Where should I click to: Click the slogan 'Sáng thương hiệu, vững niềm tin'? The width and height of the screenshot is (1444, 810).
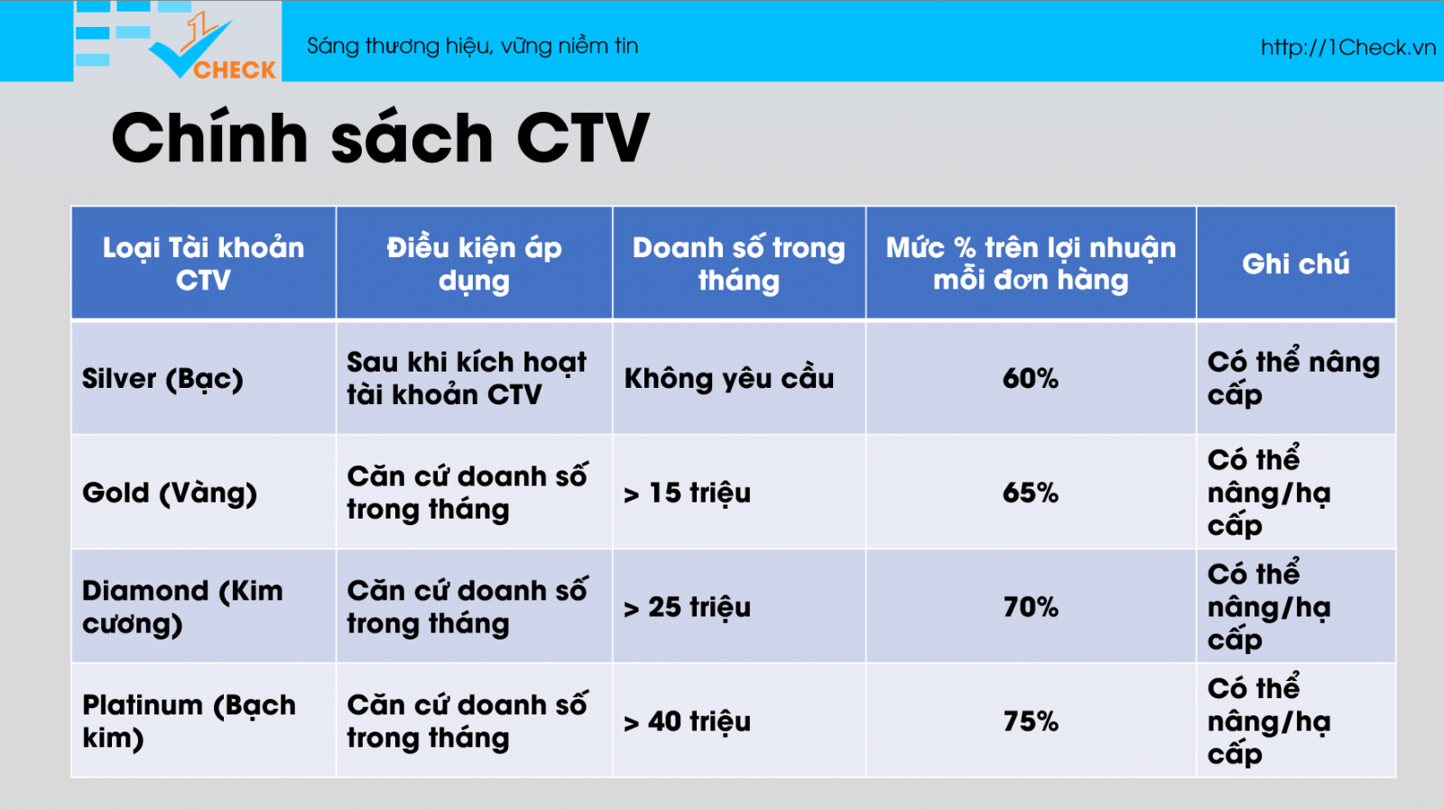[x=473, y=46]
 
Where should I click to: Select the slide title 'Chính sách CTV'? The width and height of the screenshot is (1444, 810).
[x=380, y=138]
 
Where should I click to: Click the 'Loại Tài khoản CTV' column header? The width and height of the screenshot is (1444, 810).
[x=203, y=263]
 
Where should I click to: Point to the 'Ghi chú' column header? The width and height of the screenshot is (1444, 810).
[x=1296, y=263]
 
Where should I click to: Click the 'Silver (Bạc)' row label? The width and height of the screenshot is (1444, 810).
[x=162, y=378]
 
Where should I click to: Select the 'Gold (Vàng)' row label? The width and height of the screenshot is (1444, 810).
[x=170, y=493]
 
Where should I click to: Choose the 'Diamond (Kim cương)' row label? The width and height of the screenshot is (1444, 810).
[x=182, y=607]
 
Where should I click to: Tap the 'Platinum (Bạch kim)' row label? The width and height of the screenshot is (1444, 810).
[x=189, y=721]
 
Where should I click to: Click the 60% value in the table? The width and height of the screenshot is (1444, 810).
[x=1030, y=378]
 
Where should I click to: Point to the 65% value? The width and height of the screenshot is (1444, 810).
[x=1030, y=493]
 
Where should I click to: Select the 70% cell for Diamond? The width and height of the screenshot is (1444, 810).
[x=1030, y=607]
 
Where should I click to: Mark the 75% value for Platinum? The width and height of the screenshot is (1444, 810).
[x=1030, y=721]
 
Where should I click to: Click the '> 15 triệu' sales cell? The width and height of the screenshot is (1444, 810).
[x=687, y=493]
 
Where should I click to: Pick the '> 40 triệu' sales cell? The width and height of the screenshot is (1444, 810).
[x=687, y=721]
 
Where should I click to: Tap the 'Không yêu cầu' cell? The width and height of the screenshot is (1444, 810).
[x=729, y=378]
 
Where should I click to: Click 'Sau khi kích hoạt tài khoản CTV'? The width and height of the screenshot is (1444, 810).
[x=467, y=378]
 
